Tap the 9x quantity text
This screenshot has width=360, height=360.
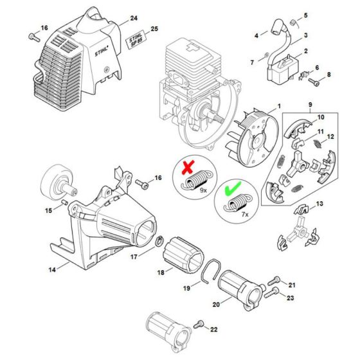pyautogui.click(x=203, y=191)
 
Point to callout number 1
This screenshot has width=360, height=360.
pyautogui.click(x=278, y=105)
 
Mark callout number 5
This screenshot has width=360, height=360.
pyautogui.click(x=305, y=15)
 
